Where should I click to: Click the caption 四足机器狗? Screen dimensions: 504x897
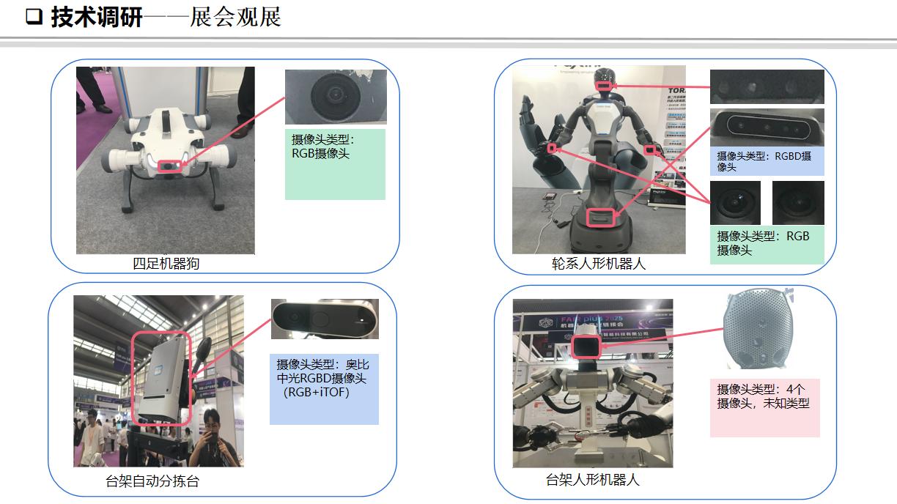(x=166, y=264)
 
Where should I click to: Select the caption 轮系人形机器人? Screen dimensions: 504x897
(x=599, y=264)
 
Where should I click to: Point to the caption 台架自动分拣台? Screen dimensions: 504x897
(x=152, y=481)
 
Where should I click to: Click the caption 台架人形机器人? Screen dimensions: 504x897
(x=593, y=480)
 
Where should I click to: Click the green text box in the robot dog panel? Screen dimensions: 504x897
(x=335, y=164)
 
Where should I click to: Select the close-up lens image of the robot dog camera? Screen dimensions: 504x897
(x=335, y=97)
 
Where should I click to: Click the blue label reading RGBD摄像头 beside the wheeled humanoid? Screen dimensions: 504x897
(x=767, y=161)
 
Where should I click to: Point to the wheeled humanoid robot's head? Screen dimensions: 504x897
(x=604, y=82)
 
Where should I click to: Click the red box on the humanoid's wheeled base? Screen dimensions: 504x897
(x=600, y=217)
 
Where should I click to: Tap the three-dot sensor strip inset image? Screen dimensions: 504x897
(x=767, y=87)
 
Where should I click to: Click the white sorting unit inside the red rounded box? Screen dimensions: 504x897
(x=160, y=379)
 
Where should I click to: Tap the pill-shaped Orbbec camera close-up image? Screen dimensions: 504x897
(x=325, y=319)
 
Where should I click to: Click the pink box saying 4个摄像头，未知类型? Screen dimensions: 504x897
(x=764, y=407)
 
